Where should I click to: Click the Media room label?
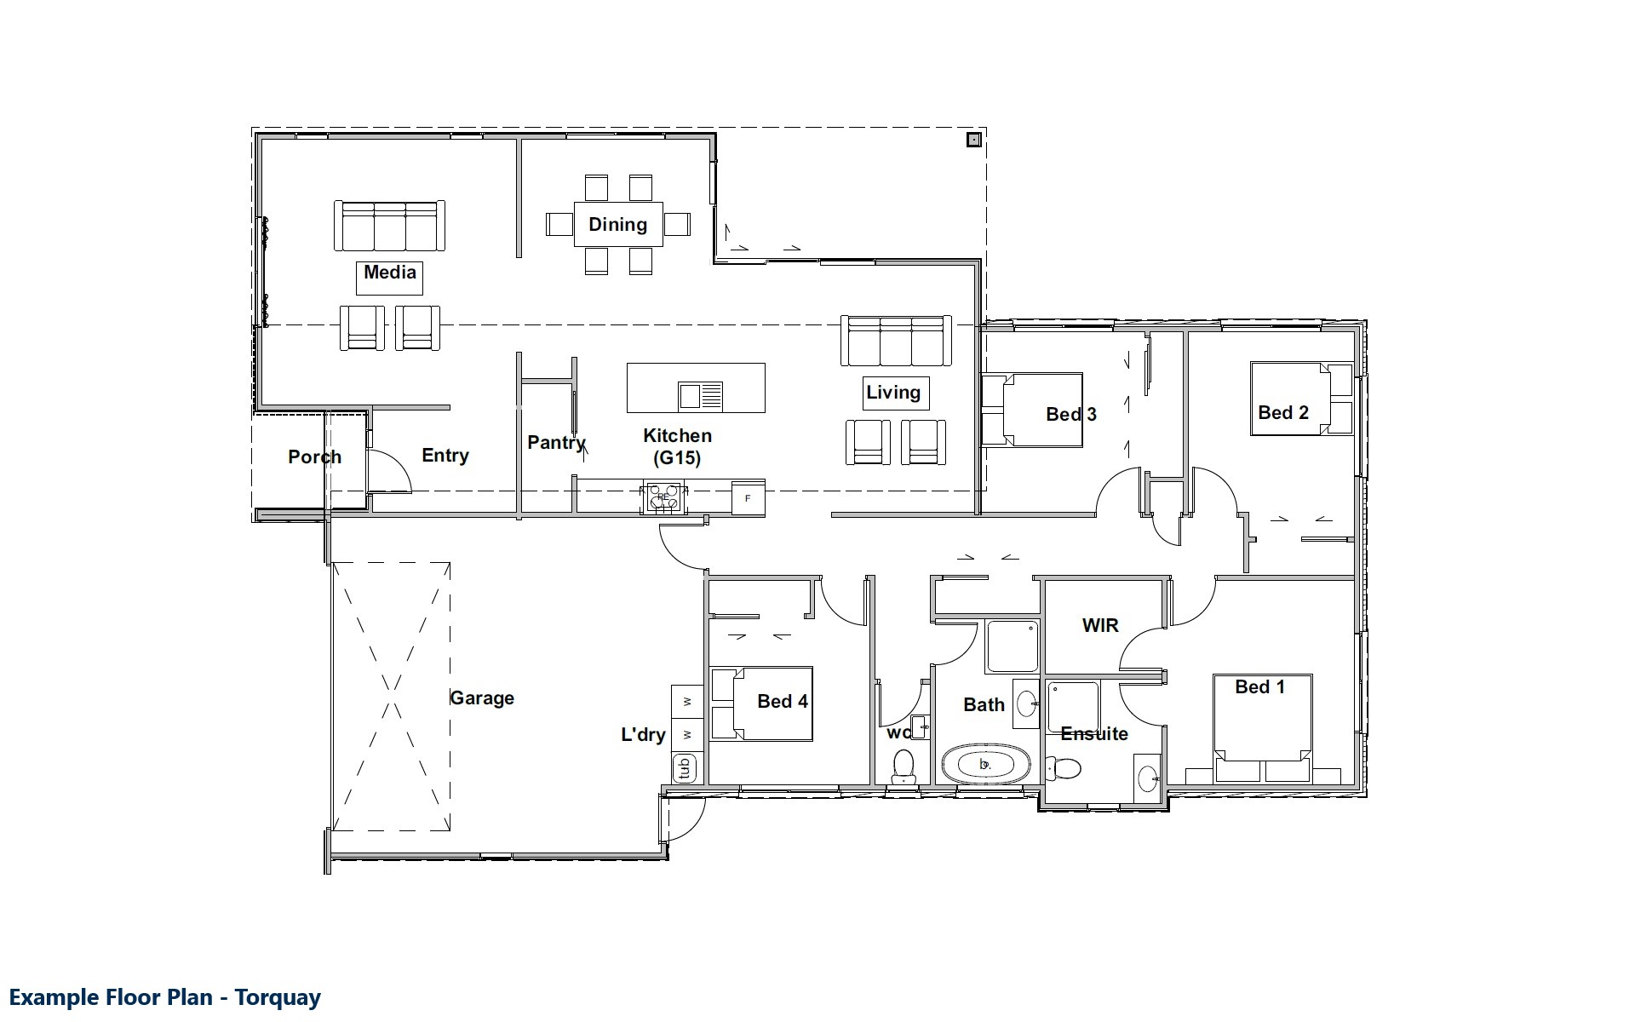pos(390,273)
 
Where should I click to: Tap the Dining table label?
pos(618,225)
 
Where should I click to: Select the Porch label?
pos(315,457)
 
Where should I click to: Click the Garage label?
pos(482,698)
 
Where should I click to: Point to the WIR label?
pos(1100,626)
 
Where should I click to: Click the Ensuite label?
pos(1094,734)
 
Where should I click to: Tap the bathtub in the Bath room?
pos(985,764)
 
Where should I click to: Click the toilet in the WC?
pos(903,766)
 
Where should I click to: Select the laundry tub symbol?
pos(685,768)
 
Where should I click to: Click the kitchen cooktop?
pos(664,498)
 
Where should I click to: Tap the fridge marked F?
pos(748,498)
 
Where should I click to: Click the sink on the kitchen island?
pos(700,397)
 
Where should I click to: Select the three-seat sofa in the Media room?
pos(390,226)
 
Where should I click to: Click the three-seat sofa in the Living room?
pos(896,341)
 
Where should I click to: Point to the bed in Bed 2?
pos(1302,399)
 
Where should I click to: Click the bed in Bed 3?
pos(1032,410)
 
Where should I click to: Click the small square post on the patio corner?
pos(974,140)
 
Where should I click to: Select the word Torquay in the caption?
pos(278,997)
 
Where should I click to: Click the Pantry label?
pos(556,443)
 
